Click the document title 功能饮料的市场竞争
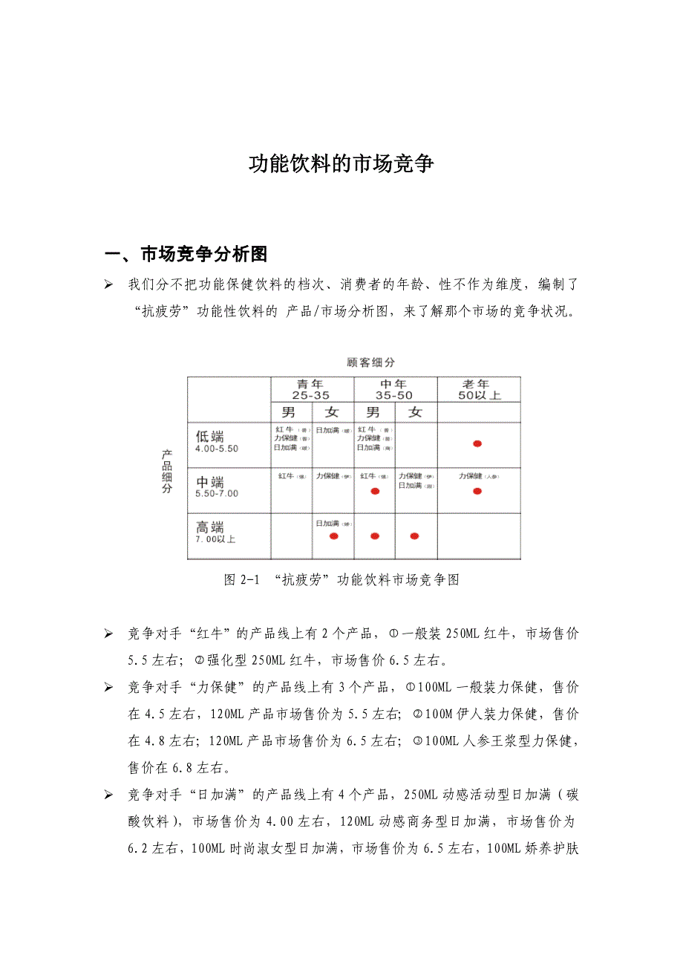click(341, 164)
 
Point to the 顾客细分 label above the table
click(371, 362)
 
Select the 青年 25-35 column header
click(313, 389)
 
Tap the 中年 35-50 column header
click(394, 389)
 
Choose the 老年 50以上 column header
click(478, 389)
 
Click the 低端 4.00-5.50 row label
click(216, 442)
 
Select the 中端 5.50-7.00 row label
click(216, 486)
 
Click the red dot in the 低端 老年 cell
click(477, 443)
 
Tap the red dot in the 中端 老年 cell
click(477, 491)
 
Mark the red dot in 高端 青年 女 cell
click(333, 536)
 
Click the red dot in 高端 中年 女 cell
click(414, 536)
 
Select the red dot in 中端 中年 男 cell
click(374, 491)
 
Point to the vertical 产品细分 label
click(168, 472)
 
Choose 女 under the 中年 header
click(415, 412)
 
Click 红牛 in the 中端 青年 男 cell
click(287, 476)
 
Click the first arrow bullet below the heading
click(108, 285)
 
